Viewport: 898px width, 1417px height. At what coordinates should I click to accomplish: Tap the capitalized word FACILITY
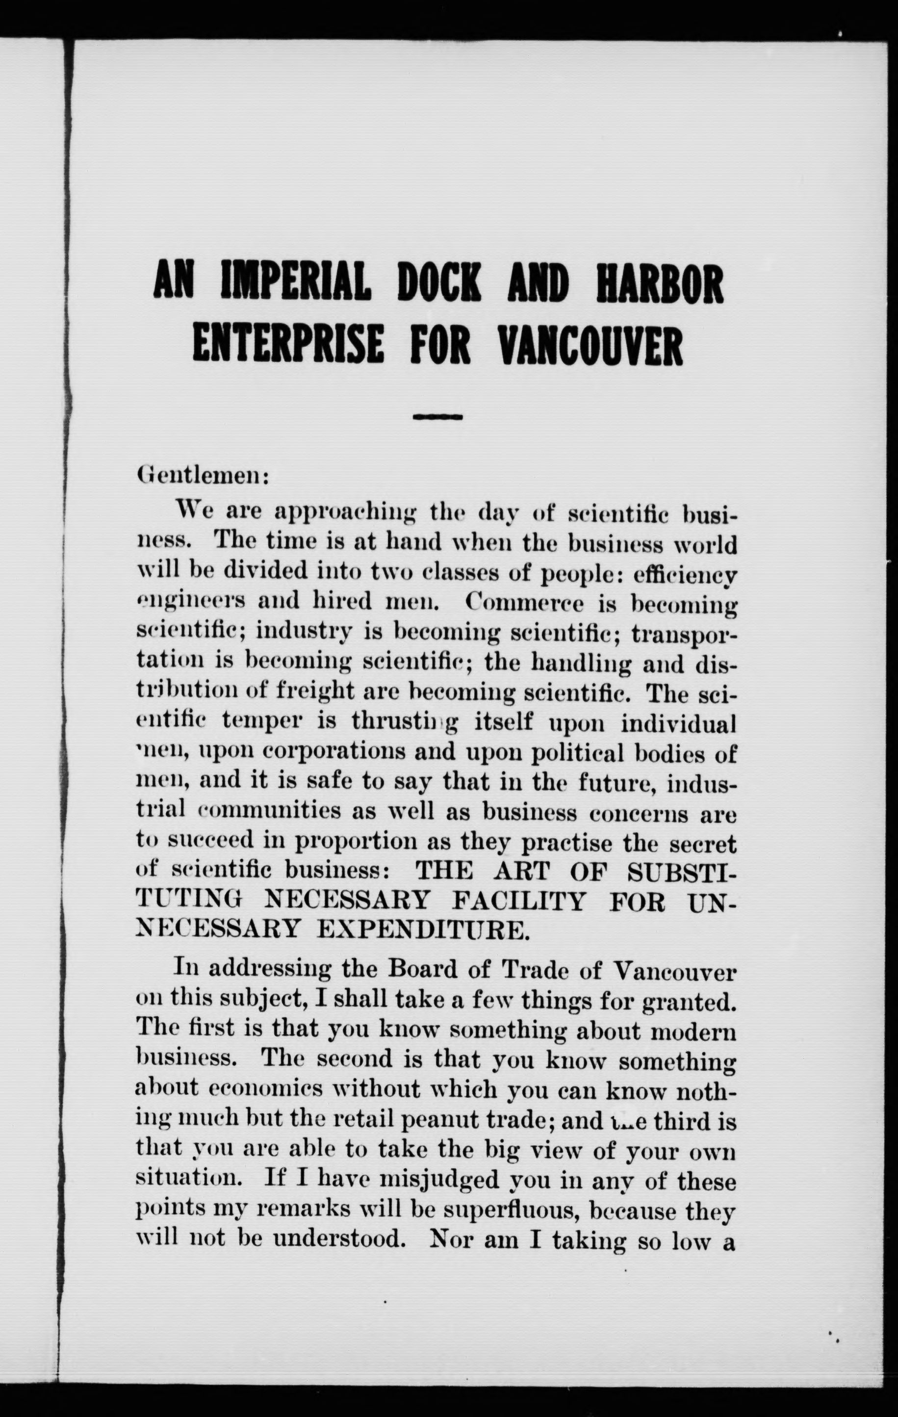click(519, 901)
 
